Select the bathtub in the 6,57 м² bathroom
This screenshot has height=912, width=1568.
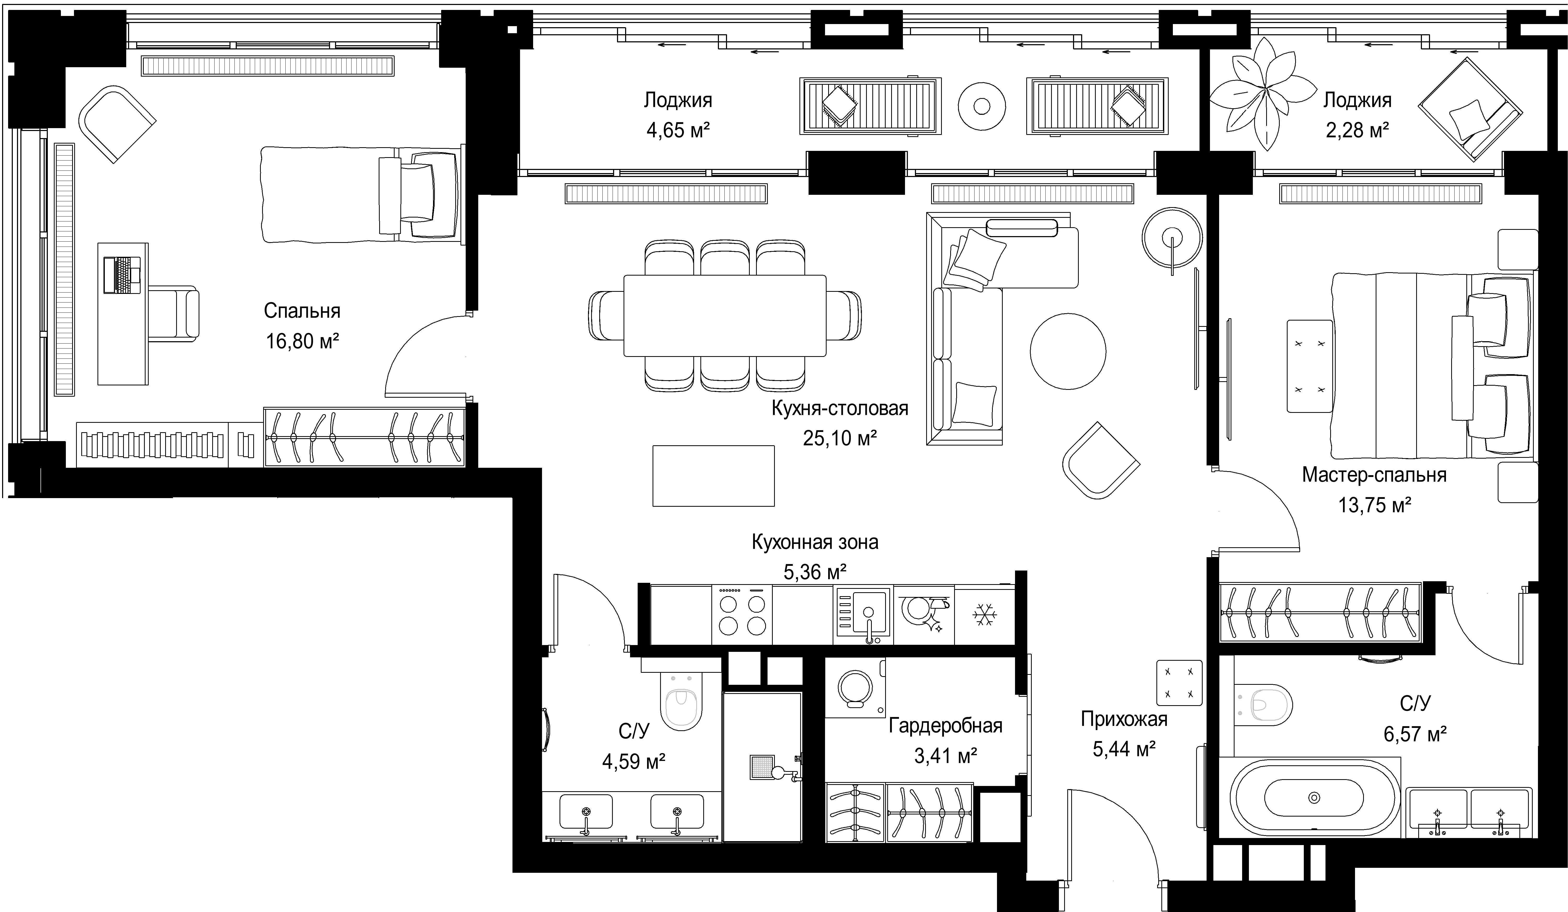(1314, 797)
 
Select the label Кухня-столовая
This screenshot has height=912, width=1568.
(840, 408)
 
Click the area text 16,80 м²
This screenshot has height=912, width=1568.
(302, 341)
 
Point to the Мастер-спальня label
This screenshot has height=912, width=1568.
(1374, 475)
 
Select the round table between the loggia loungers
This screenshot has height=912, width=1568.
(982, 106)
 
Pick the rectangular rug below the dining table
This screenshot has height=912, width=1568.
(713, 476)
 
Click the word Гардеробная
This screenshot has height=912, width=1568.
(945, 726)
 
